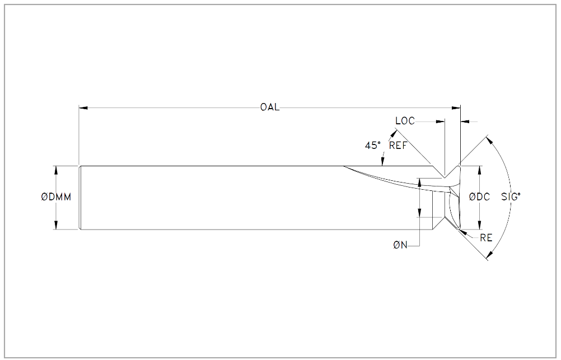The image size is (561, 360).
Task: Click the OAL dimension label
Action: coord(270,107)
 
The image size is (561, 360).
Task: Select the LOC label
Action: coord(405,121)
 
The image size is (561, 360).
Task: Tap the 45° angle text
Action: coord(373,146)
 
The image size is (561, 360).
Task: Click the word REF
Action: coord(398,146)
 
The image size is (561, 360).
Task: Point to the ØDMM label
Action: coord(56,197)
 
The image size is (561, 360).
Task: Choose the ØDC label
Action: coord(479,197)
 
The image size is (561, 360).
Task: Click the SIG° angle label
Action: coord(511,197)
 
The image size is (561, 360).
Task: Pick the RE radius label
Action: coord(486,237)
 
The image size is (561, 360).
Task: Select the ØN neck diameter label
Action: coord(400,245)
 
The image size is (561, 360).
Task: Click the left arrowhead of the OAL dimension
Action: coord(83,107)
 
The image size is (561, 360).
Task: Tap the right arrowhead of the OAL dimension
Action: coord(456,107)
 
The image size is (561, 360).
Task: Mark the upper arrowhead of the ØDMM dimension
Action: coord(56,170)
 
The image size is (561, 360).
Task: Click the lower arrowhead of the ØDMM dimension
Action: coord(56,225)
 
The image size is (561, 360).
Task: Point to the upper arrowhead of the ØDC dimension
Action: coord(479,170)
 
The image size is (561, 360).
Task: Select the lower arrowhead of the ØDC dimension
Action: coord(479,225)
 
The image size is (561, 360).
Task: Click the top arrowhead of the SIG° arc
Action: coord(490,141)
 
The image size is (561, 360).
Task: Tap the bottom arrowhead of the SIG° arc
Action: coord(490,254)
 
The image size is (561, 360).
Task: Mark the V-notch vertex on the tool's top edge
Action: coord(445,178)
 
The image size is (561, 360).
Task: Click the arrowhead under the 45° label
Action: coord(382,162)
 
